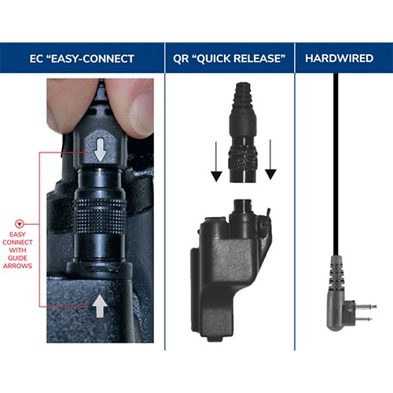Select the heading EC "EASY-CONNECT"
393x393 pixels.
click(x=83, y=59)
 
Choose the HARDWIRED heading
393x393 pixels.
click(x=339, y=59)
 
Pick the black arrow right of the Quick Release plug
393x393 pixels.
click(x=269, y=157)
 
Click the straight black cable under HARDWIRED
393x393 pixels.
click(x=337, y=157)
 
